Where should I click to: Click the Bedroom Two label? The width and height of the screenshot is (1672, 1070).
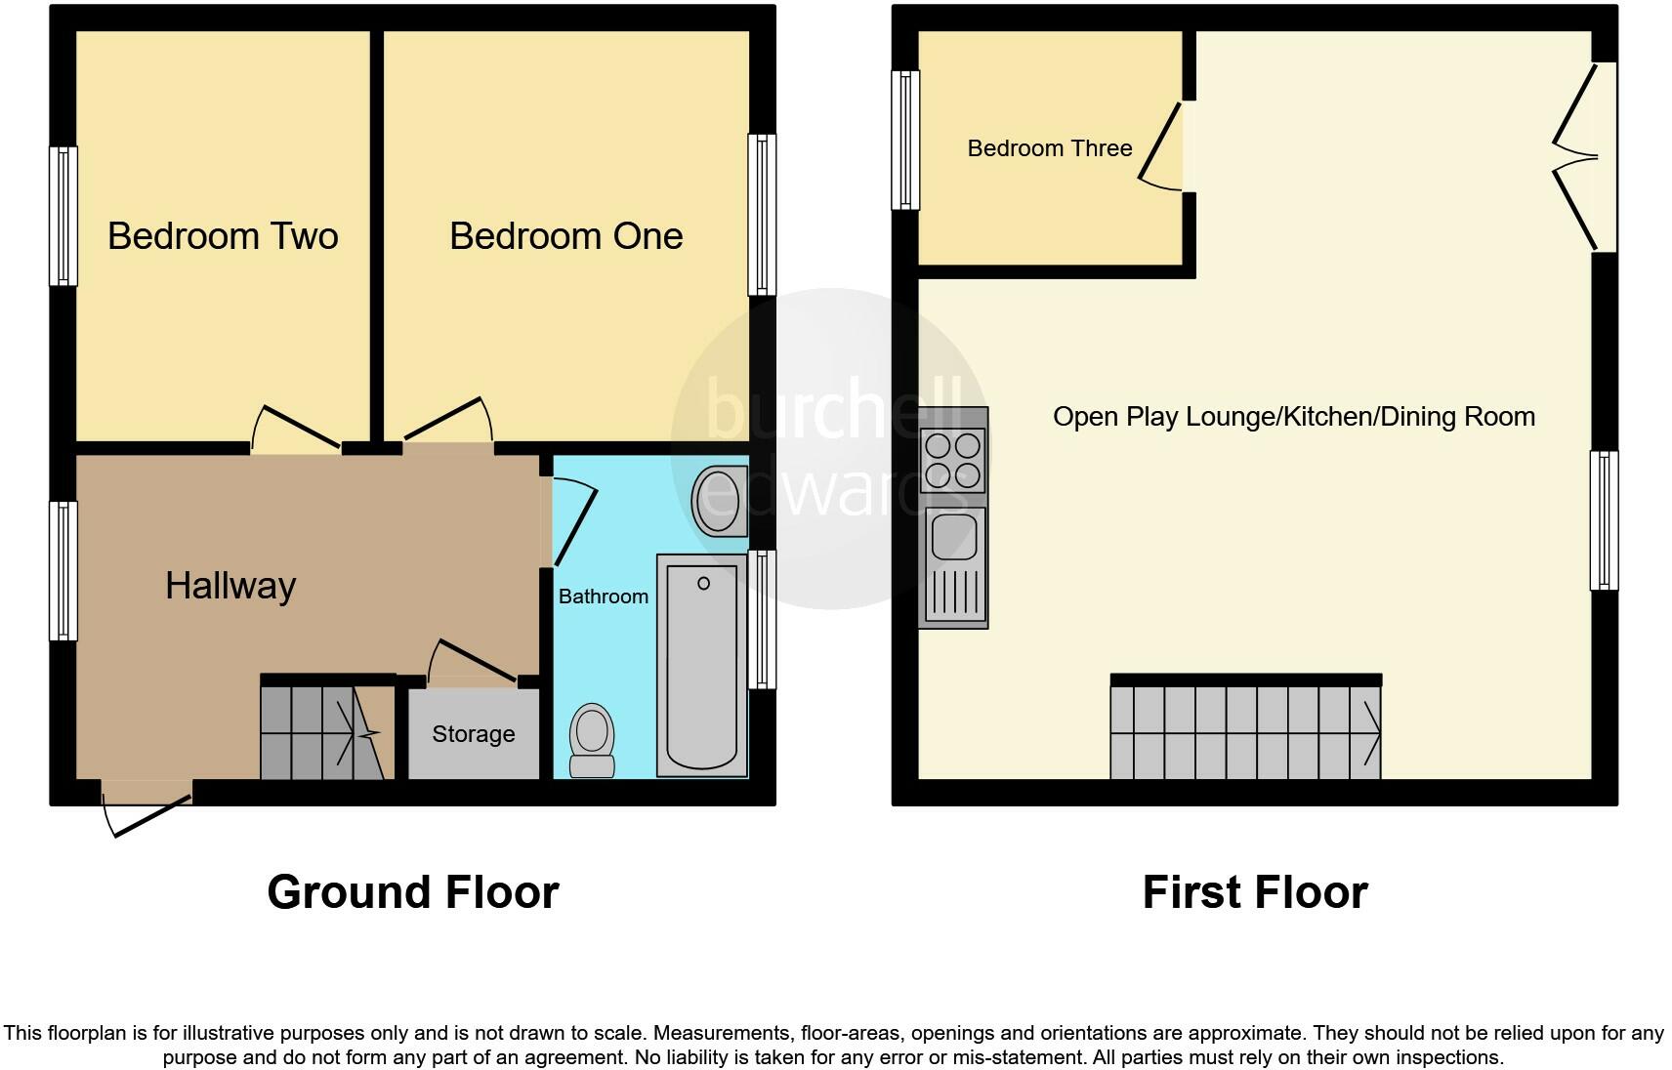(223, 236)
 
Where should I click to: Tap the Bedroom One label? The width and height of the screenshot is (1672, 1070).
(565, 236)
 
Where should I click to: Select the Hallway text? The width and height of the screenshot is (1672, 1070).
(230, 586)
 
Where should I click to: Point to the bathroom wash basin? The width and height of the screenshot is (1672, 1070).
(720, 502)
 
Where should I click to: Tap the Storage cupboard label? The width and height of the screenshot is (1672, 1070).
(473, 734)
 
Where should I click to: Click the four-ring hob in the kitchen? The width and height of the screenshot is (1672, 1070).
(953, 461)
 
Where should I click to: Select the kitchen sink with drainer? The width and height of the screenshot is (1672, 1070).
(953, 566)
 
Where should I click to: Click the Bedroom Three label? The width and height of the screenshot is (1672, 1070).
(1050, 148)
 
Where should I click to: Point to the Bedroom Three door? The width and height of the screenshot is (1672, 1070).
(1162, 146)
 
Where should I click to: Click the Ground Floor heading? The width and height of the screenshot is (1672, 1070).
(412, 892)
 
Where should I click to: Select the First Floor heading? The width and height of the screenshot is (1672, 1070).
(1255, 892)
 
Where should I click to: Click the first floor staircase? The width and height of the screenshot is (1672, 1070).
(1245, 732)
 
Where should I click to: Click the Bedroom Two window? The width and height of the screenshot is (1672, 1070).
(63, 216)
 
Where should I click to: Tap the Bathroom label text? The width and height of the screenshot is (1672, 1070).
(603, 597)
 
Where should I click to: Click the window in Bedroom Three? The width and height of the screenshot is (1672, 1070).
(906, 141)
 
